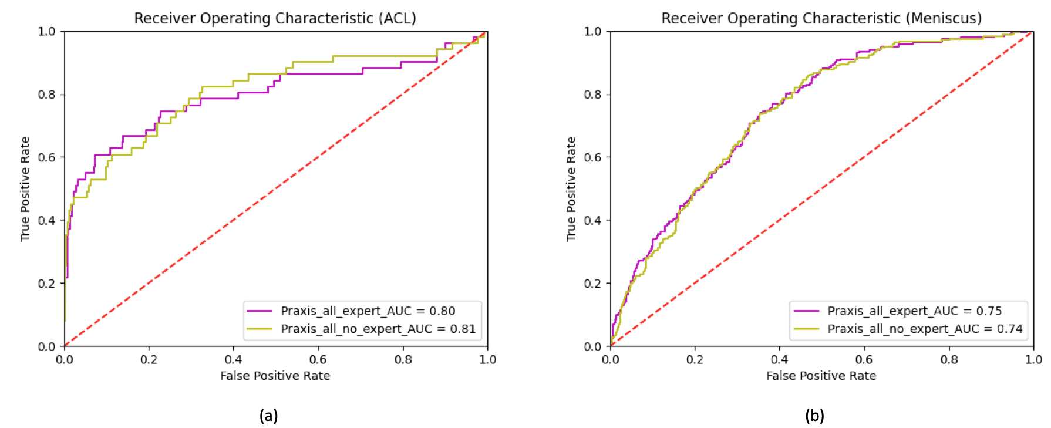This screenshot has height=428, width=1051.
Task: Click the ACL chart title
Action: pyautogui.click(x=275, y=18)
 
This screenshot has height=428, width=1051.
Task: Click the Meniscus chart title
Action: pyautogui.click(x=821, y=18)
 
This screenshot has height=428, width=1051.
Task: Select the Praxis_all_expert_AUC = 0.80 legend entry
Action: pyautogui.click(x=368, y=311)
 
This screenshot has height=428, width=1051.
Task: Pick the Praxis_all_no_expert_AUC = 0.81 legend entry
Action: pyautogui.click(x=378, y=329)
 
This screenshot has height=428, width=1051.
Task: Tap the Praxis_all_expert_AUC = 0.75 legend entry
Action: pyautogui.click(x=914, y=311)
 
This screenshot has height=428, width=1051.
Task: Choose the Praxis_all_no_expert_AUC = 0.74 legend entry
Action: pyautogui.click(x=925, y=329)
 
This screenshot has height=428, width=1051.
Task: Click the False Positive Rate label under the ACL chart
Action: pyautogui.click(x=275, y=376)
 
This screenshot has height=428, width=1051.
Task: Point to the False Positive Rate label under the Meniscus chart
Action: pyautogui.click(x=821, y=376)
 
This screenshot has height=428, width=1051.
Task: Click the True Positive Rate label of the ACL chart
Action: pyautogui.click(x=25, y=188)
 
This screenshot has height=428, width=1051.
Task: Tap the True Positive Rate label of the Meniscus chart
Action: pyautogui.click(x=571, y=188)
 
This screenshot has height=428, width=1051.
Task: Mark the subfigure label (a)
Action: pyautogui.click(x=268, y=416)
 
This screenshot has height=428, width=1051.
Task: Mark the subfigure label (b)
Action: pyautogui.click(x=814, y=416)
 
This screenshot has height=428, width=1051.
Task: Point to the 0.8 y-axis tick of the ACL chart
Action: pyautogui.click(x=47, y=95)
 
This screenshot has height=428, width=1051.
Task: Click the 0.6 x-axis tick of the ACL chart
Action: pyautogui.click(x=318, y=359)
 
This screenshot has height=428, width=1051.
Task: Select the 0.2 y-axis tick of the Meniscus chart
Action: pyautogui.click(x=593, y=284)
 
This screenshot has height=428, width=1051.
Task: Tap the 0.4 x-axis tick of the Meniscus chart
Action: pyautogui.click(x=779, y=359)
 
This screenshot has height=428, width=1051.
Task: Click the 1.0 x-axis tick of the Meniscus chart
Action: pyautogui.click(x=1033, y=359)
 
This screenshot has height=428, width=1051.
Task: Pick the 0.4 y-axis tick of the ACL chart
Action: pyautogui.click(x=47, y=221)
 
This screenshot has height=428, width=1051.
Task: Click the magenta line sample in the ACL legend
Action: pyautogui.click(x=260, y=311)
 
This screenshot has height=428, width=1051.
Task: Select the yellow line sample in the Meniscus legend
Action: pyautogui.click(x=806, y=329)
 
